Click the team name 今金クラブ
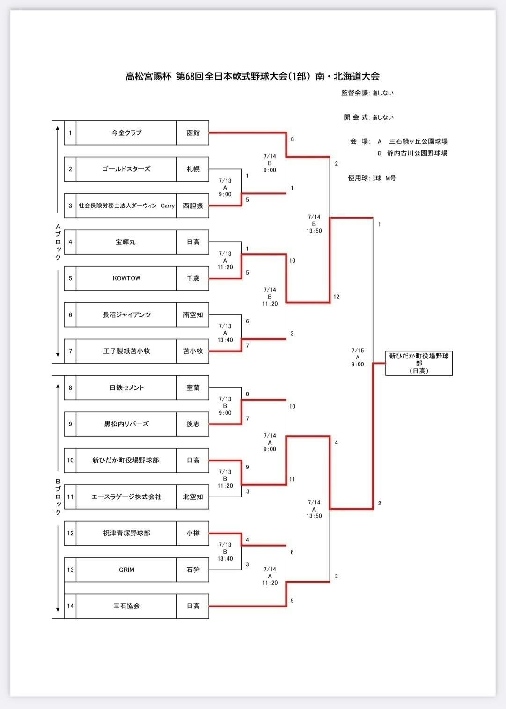pos(126,133)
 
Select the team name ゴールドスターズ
pos(126,169)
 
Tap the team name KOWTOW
pos(126,278)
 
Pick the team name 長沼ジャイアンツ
pos(126,315)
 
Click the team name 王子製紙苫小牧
pos(126,351)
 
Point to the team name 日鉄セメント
pos(126,387)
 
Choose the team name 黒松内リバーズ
pos(126,424)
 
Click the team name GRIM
pos(126,570)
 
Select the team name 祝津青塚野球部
pos(126,533)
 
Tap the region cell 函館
pos(193,133)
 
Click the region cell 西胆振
pos(193,205)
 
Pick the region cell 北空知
pos(193,497)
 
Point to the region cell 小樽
pos(193,533)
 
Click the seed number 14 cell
pos(70,606)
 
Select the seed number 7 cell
pos(70,351)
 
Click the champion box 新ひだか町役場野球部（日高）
pos(419,363)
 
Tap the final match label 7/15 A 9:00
pos(358,358)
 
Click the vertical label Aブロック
pos(58,242)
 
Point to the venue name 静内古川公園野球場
pos(417,153)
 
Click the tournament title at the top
pos(252,76)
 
